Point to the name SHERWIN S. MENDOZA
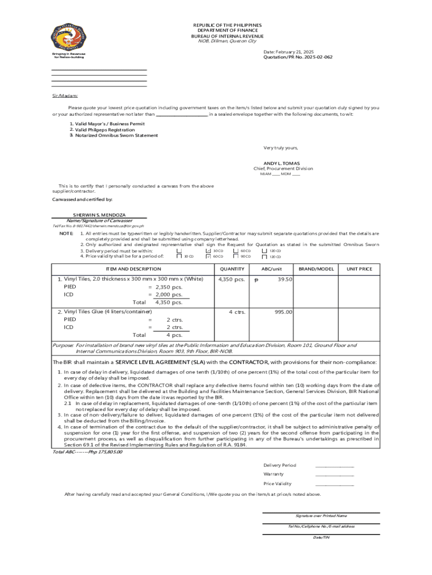point(99,215)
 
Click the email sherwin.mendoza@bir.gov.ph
point(118,226)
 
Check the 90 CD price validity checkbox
point(236,257)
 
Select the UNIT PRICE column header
point(359,269)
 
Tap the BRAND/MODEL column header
point(316,269)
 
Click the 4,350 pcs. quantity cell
point(231,279)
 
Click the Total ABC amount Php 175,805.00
point(88,451)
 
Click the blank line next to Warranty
point(334,475)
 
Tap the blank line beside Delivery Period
point(334,466)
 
